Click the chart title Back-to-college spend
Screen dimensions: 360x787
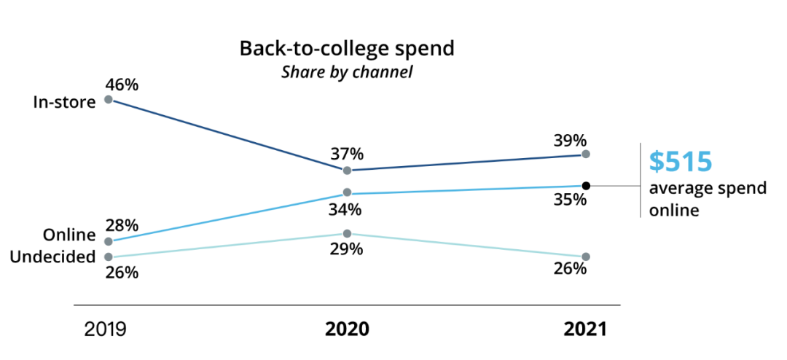click(347, 50)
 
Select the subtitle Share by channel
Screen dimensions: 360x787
click(347, 73)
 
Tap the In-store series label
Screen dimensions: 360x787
click(65, 102)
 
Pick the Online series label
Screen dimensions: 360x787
click(70, 235)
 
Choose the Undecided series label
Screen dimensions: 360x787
click(54, 257)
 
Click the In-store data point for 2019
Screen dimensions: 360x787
click(109, 99)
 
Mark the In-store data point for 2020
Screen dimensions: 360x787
click(347, 171)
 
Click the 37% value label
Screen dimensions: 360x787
click(347, 154)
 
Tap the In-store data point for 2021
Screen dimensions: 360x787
click(586, 154)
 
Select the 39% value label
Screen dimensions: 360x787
click(569, 141)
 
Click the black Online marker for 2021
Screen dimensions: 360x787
click(586, 186)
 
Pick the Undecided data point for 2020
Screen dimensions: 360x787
click(347, 234)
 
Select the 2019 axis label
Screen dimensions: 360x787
click(105, 329)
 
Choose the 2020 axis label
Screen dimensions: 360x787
click(347, 329)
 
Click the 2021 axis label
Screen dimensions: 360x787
click(584, 329)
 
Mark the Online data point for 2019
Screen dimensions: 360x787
click(109, 241)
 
